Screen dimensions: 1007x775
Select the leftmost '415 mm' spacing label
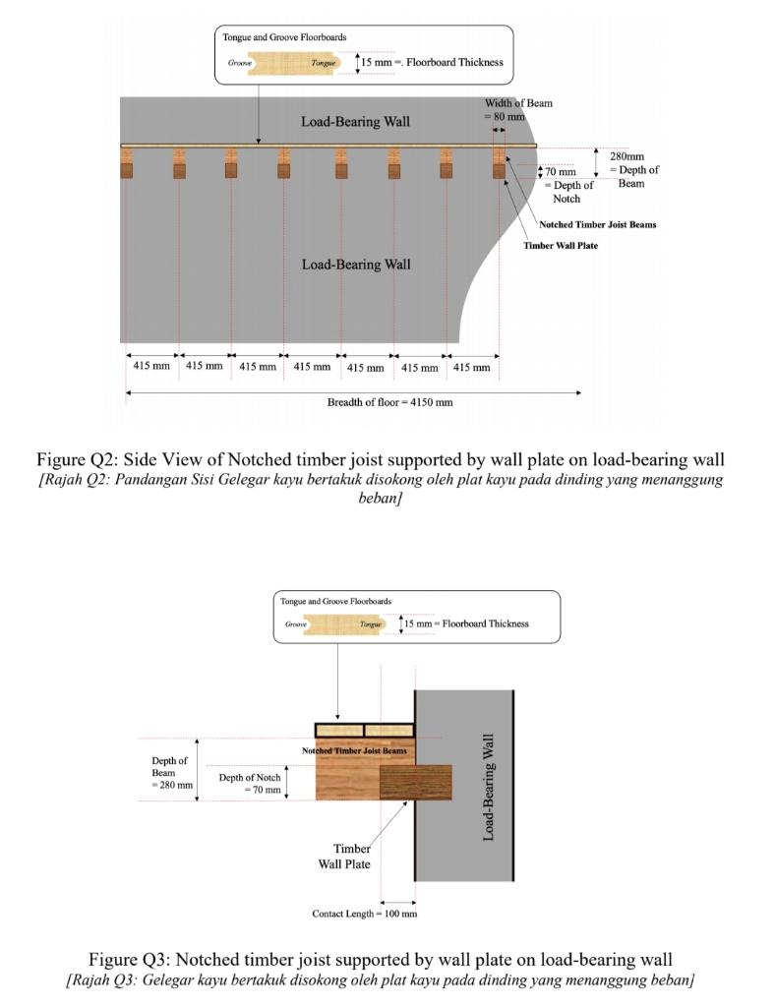point(150,366)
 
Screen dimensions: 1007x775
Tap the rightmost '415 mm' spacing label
point(471,367)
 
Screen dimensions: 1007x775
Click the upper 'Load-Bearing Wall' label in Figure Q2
point(355,122)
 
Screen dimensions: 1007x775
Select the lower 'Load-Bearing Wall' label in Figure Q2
point(355,264)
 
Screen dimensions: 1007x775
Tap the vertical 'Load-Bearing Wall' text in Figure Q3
point(489,787)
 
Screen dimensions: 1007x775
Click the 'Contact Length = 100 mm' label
point(364,914)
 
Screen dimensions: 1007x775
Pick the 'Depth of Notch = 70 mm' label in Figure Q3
point(249,783)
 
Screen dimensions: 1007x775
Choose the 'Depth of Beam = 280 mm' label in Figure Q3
point(171,772)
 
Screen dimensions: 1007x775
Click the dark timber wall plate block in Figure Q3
point(415,782)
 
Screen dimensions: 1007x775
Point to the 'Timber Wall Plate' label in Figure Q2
point(560,245)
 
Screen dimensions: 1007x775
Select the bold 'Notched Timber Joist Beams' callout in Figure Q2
point(597,224)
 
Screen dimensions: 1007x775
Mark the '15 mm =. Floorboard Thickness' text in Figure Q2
point(432,62)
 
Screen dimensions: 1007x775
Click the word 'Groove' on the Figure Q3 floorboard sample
point(295,624)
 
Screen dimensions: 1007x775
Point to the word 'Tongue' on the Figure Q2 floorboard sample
point(323,63)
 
